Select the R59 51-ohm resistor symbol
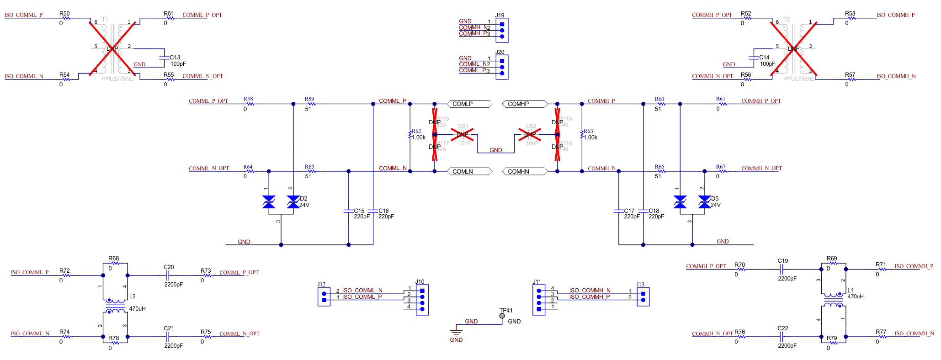(310, 104)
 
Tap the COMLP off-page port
(469, 104)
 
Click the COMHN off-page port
(525, 172)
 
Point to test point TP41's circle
(502, 316)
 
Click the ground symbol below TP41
(456, 333)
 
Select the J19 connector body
(502, 30)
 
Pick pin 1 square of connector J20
(502, 61)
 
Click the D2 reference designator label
(303, 199)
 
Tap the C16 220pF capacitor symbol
(373, 211)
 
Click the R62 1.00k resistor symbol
(410, 135)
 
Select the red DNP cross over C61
(462, 134)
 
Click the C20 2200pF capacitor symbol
(167, 275)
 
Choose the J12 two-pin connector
(324, 297)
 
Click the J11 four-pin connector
(539, 300)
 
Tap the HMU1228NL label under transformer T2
(798, 79)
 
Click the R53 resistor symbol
(851, 18)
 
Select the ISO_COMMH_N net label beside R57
(896, 76)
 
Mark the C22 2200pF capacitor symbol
(782, 337)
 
